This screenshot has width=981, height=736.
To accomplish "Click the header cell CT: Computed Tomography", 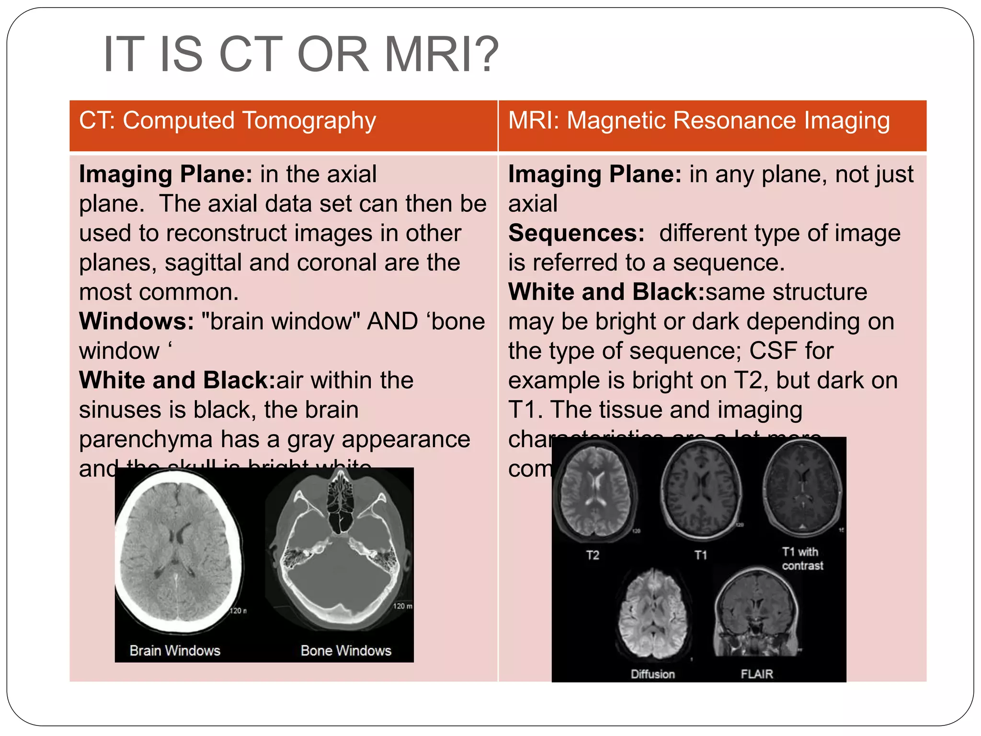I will click(x=228, y=120).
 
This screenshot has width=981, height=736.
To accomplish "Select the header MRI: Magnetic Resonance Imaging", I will click(x=699, y=120).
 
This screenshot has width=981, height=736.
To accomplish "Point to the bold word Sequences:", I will click(x=576, y=233).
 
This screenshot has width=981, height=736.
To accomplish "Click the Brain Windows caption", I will click(x=175, y=651).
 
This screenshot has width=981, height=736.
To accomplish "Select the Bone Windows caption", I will click(x=346, y=651).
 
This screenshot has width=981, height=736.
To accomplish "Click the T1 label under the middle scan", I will click(x=701, y=555).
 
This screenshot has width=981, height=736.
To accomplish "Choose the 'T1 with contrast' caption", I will click(x=802, y=559).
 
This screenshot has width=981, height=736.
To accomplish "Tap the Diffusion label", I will click(x=652, y=674).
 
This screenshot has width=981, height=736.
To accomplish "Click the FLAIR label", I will click(x=757, y=674).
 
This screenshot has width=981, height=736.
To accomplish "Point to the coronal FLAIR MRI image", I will click(x=757, y=613).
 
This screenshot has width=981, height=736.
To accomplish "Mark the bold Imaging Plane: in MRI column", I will click(x=594, y=174).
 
